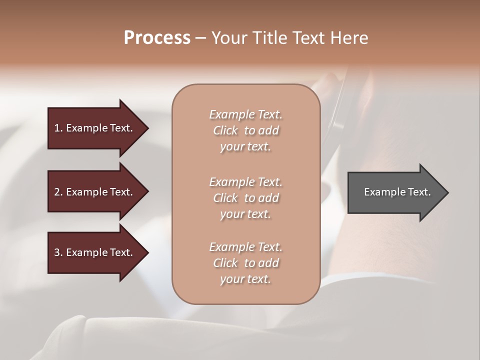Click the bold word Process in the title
[x=157, y=38]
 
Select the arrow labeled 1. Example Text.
[x=95, y=128]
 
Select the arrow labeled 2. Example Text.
[x=95, y=192]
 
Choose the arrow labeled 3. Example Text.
[x=95, y=252]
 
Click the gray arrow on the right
[x=395, y=192]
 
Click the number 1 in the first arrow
[x=57, y=128]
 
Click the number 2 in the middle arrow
[x=57, y=192]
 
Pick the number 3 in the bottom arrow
[x=57, y=252]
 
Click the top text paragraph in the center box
[x=245, y=130]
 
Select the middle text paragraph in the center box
[x=245, y=198]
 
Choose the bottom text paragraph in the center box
[x=245, y=263]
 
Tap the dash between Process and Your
[x=200, y=38]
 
